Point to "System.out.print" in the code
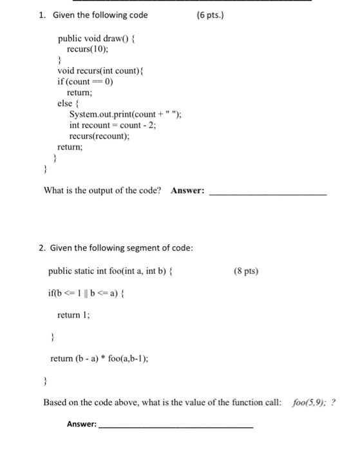tap(99, 115)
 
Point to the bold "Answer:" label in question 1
tap(188, 191)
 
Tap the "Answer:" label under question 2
tap(82, 424)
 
